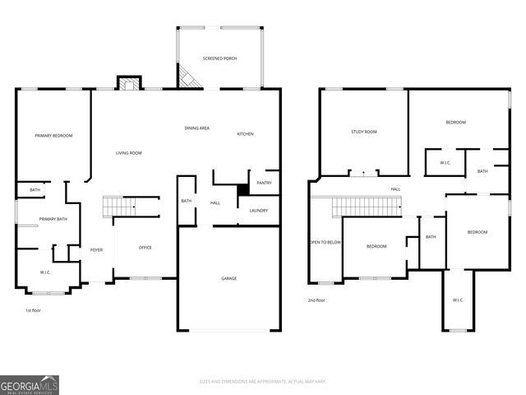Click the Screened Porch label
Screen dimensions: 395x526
click(220, 58)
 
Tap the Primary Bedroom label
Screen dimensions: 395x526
click(53, 135)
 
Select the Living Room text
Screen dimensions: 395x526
click(128, 153)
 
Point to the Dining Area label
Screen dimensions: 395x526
click(196, 128)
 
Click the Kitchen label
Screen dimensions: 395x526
click(245, 134)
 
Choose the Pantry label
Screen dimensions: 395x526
click(264, 183)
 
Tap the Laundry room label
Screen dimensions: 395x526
click(259, 211)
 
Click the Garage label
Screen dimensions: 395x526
click(228, 278)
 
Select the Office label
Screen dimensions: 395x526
click(145, 248)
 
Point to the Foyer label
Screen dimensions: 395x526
click(97, 250)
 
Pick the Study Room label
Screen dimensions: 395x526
click(363, 132)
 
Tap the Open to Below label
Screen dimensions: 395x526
click(325, 242)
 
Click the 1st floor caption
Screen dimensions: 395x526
click(33, 310)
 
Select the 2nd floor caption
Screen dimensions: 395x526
click(316, 300)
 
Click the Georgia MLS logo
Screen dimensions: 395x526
click(30, 384)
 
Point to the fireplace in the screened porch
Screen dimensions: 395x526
click(187, 78)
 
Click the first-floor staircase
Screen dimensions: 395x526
click(120, 206)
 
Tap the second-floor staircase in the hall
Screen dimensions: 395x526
click(367, 207)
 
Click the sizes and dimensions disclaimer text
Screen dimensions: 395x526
click(263, 381)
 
